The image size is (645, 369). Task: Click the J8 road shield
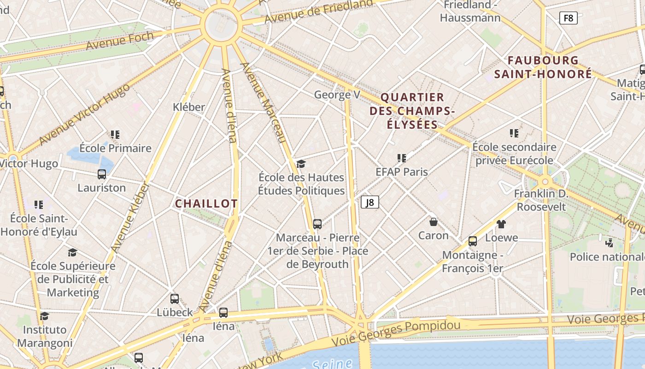point(369,202)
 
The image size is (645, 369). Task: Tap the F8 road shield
point(568,18)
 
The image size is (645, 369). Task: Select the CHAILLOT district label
point(206,203)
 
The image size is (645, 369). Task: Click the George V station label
point(337,95)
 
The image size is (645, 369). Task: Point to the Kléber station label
point(188,107)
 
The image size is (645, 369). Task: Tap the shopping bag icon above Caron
point(434,222)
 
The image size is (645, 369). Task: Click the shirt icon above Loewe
point(501,224)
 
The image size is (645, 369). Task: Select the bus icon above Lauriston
point(102,174)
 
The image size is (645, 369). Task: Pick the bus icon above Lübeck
point(175,299)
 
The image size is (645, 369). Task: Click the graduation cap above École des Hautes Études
point(301,164)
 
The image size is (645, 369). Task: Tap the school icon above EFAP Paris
point(402,158)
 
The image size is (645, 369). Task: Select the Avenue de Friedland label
point(318,12)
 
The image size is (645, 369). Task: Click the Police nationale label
point(607,257)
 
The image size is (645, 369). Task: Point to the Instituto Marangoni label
point(45,336)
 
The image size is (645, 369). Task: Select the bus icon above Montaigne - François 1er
point(473,241)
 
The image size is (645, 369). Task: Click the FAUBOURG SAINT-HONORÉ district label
point(543,67)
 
